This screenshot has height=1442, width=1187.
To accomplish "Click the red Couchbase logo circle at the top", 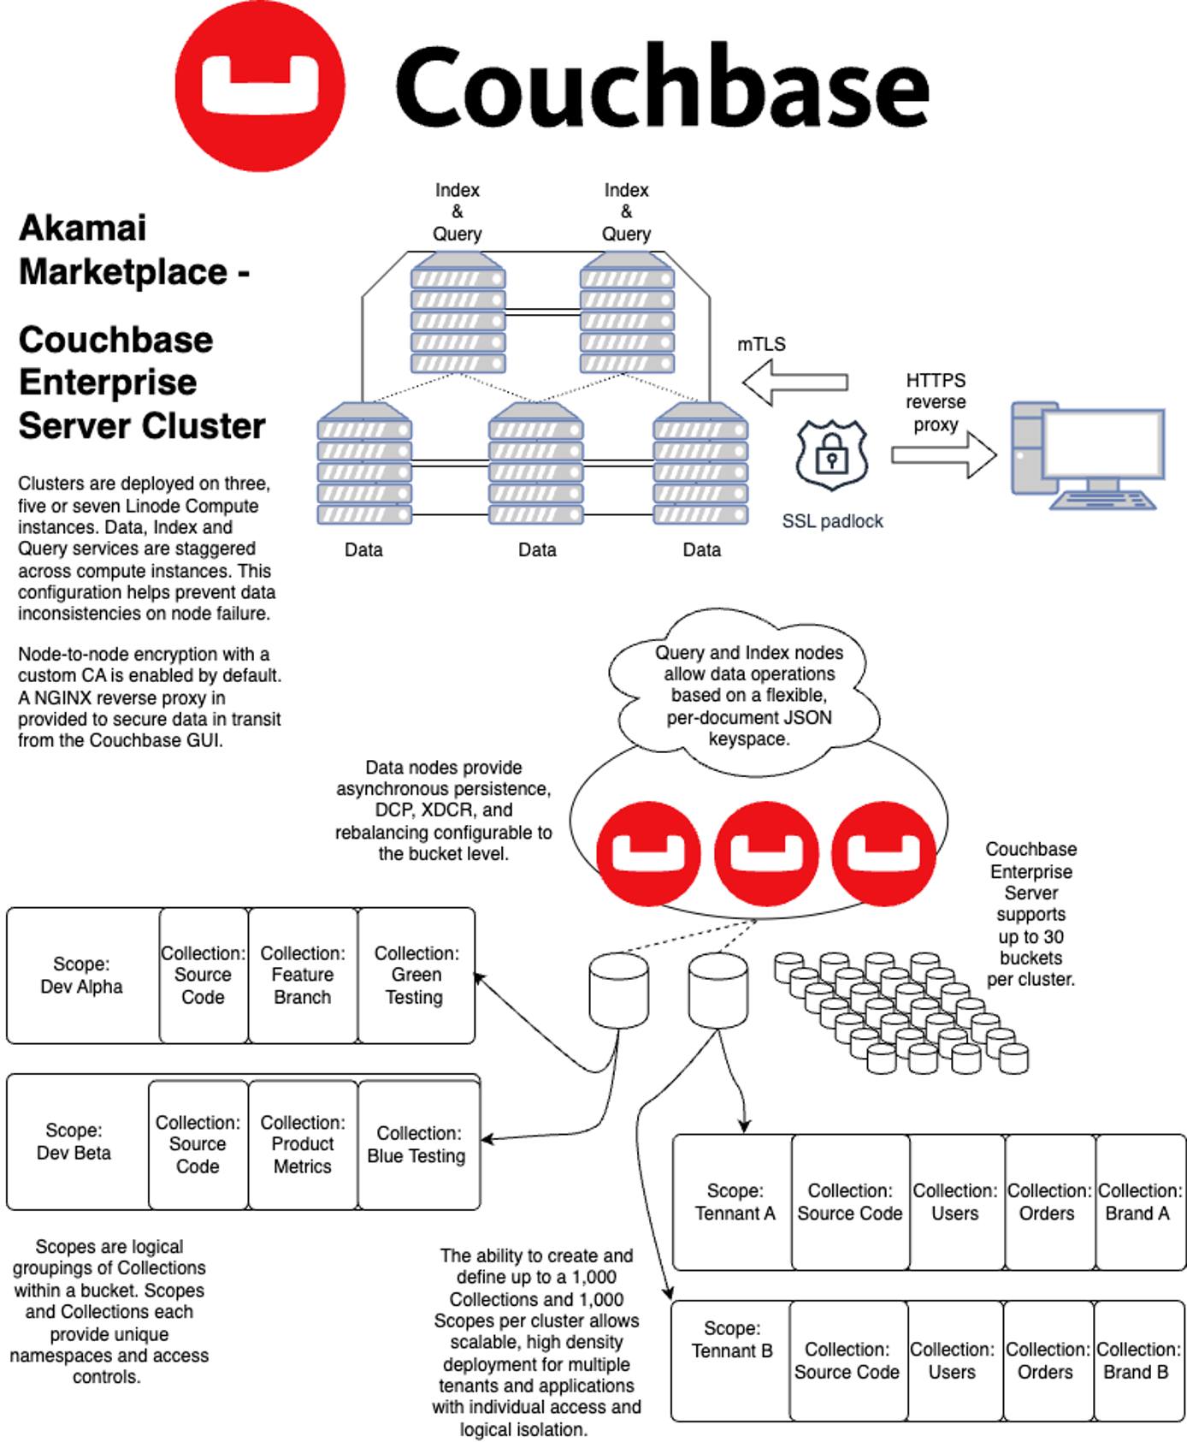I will (259, 86).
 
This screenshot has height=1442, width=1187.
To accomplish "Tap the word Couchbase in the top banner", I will (660, 87).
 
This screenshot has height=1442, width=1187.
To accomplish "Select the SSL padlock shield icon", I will (831, 455).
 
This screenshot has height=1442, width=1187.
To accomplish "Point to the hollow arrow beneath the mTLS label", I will (795, 382).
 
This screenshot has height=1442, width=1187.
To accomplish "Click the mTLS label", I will (761, 344).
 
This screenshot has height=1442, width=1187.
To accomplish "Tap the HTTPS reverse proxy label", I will (936, 402).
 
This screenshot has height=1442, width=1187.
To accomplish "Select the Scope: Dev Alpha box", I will (82, 976).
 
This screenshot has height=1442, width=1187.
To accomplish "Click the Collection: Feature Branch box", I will (303, 976).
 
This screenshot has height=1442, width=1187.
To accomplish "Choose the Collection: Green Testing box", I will (416, 976).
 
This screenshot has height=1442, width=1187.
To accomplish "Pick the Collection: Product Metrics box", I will (303, 1144).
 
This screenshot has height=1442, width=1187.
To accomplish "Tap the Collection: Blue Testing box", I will (416, 1144).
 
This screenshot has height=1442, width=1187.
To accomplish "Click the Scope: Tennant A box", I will (734, 1202).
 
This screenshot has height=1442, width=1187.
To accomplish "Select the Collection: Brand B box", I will (1137, 1361).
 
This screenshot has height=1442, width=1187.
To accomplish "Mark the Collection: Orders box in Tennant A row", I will (1048, 1202).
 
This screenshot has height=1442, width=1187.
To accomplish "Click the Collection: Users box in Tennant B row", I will (953, 1361).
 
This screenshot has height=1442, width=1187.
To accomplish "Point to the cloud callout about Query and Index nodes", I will (748, 695).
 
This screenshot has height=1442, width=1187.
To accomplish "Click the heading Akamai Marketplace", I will (133, 250).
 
